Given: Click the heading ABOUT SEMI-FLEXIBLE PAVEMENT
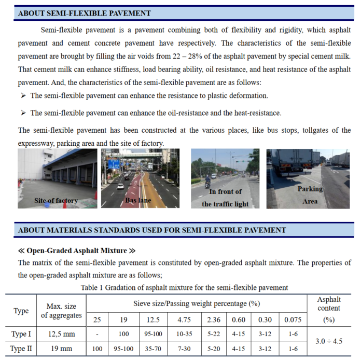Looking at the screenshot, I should click(84, 13).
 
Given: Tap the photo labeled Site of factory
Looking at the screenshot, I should click(57, 178).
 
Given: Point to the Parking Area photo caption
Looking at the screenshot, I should click(310, 195).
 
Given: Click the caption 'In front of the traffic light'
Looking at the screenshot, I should click(225, 198).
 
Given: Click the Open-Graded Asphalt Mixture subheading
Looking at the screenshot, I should click(77, 251).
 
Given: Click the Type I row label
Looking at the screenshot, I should click(21, 335).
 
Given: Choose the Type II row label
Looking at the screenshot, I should click(21, 349).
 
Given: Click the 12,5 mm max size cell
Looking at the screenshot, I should click(62, 335).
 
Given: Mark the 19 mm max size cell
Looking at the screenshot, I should click(62, 349).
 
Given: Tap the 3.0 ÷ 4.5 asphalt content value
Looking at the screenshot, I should click(329, 341).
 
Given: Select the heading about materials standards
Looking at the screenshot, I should click(151, 230).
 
